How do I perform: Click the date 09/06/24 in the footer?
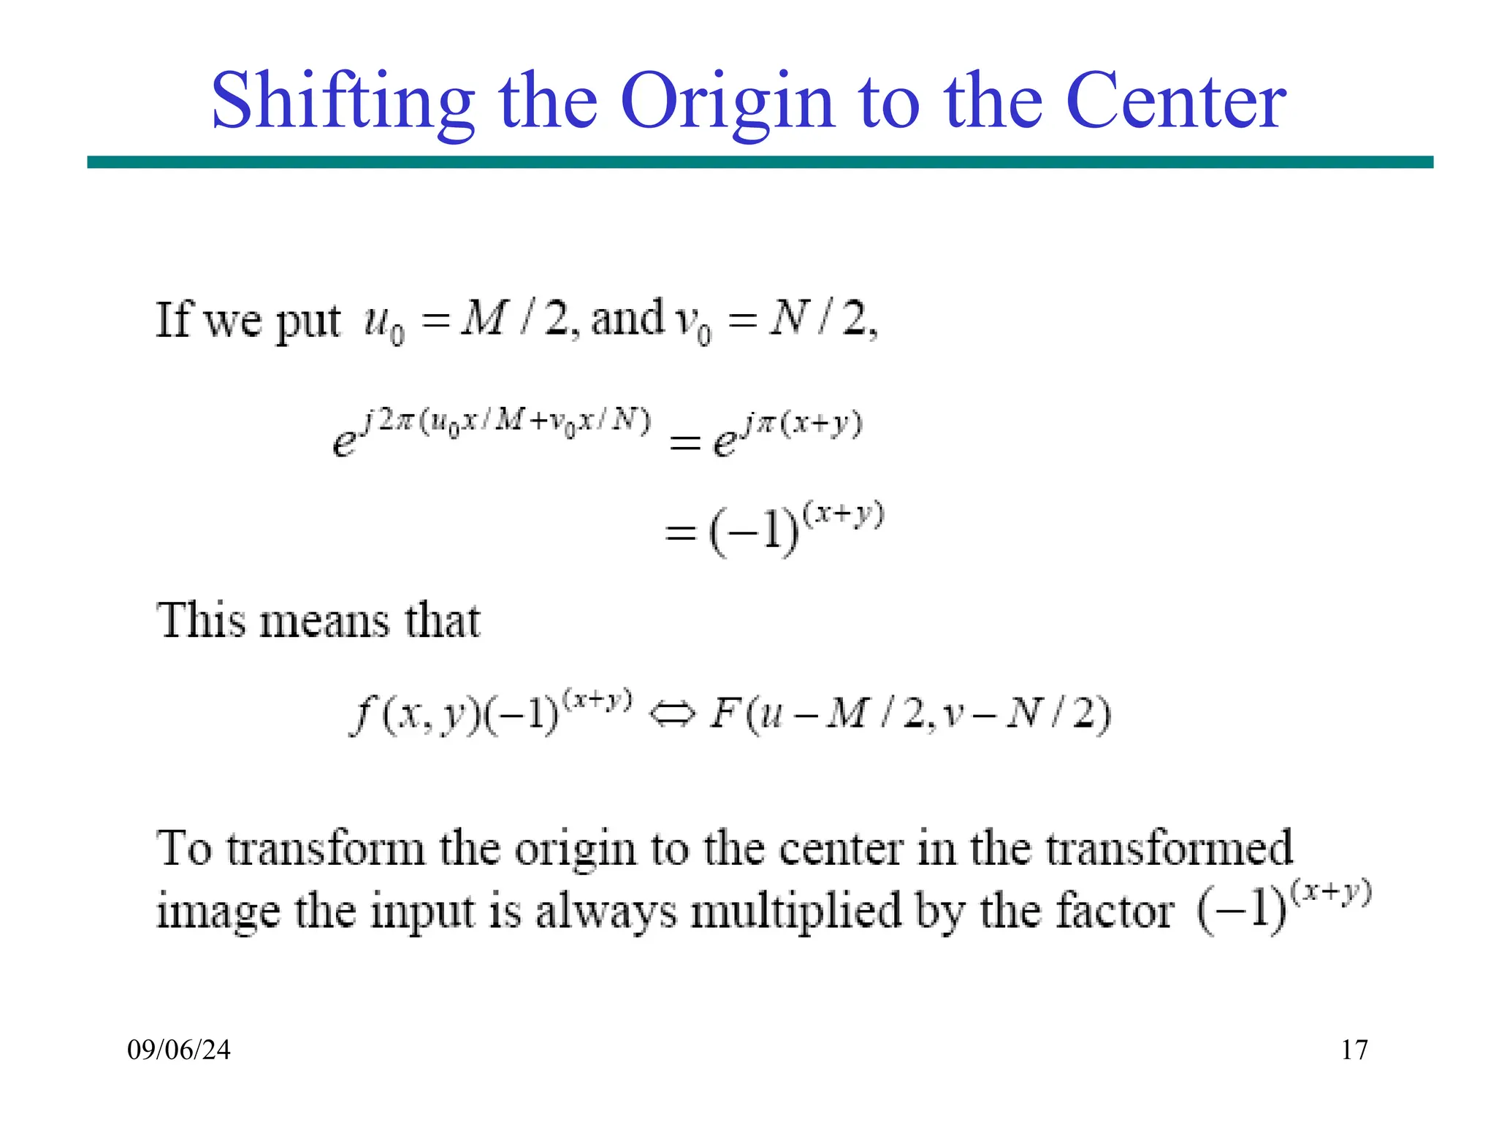point(179,1050)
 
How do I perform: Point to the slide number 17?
point(1354,1050)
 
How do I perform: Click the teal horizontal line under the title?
point(760,162)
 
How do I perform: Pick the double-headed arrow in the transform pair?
point(671,715)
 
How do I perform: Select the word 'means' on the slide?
point(325,622)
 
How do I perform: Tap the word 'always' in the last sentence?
point(606,913)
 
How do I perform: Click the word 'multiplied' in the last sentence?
point(795,913)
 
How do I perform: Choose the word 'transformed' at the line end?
point(1169,849)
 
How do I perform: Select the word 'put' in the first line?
point(308,322)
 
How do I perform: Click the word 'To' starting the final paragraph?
point(184,849)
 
